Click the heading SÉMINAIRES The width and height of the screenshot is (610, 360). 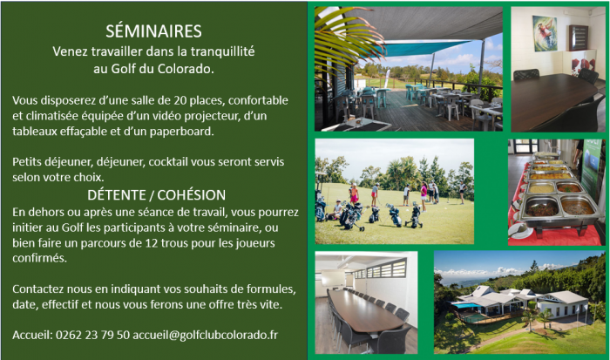(x=153, y=31)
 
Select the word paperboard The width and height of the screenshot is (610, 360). (x=181, y=132)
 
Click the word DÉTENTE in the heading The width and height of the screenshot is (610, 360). (x=116, y=195)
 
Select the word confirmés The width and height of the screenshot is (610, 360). (x=39, y=258)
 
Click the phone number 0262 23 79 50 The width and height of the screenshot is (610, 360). (x=92, y=335)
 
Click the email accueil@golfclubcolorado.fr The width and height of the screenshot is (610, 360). (x=206, y=335)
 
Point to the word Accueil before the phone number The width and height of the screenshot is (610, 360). (x=32, y=335)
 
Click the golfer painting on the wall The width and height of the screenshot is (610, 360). (x=545, y=33)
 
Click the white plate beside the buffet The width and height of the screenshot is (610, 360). (x=520, y=232)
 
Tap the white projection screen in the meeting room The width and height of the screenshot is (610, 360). (x=333, y=278)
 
